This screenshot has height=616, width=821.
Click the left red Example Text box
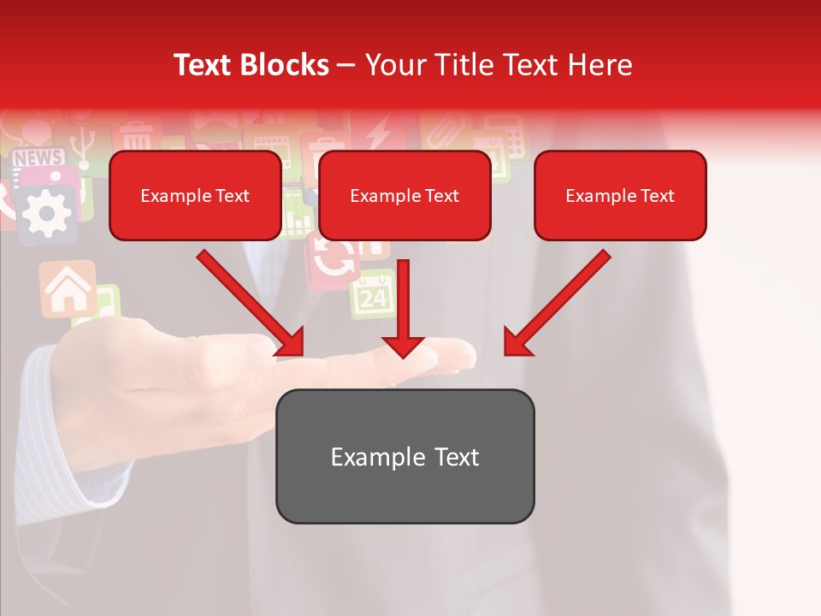coord(195,195)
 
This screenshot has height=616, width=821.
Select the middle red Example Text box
coord(405,195)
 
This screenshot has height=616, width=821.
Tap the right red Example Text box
coord(620,195)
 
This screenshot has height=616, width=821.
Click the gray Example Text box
coord(405,456)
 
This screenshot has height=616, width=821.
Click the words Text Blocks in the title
coord(251,64)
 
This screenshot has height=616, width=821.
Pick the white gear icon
coord(45,210)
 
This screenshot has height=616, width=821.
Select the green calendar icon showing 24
coord(373,296)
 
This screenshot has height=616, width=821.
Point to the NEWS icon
coord(38,158)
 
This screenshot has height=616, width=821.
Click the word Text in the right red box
coord(657,195)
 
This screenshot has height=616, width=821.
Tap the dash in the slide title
coord(346,64)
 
